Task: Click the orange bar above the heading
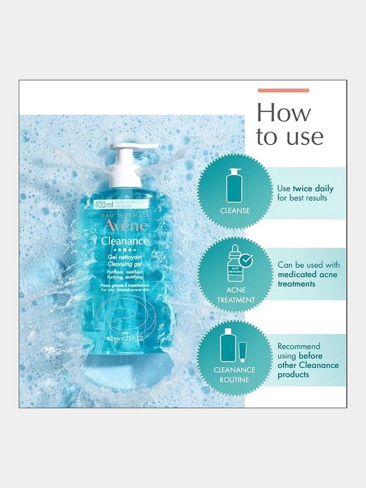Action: [283, 90]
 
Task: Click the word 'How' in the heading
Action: [283, 113]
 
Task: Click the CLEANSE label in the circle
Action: [235, 210]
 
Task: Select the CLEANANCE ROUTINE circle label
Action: [235, 374]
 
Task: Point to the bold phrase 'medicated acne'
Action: [307, 274]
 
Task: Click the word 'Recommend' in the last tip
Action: [298, 346]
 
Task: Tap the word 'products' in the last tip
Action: [293, 375]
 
